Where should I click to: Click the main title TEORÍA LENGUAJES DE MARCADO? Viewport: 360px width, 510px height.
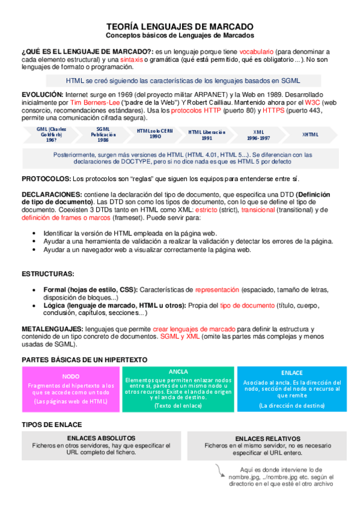pyautogui.click(x=180, y=27)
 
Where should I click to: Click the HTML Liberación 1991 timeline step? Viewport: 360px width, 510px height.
pyautogui.click(x=207, y=134)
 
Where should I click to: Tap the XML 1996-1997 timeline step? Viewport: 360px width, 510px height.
pyautogui.click(x=259, y=134)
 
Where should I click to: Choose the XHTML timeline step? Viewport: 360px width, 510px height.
pyautogui.click(x=311, y=134)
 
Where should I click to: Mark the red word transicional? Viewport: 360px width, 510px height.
pyautogui.click(x=258, y=209)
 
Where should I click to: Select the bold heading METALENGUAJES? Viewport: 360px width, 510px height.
pyautogui.click(x=52, y=330)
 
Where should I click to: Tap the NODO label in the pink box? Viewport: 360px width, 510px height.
pyautogui.click(x=71, y=376)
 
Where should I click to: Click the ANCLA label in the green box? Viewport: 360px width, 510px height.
pyautogui.click(x=179, y=371)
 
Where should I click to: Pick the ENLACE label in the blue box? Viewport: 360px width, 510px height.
pyautogui.click(x=291, y=373)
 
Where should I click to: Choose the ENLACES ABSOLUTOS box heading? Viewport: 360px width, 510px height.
pyautogui.click(x=101, y=438)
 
